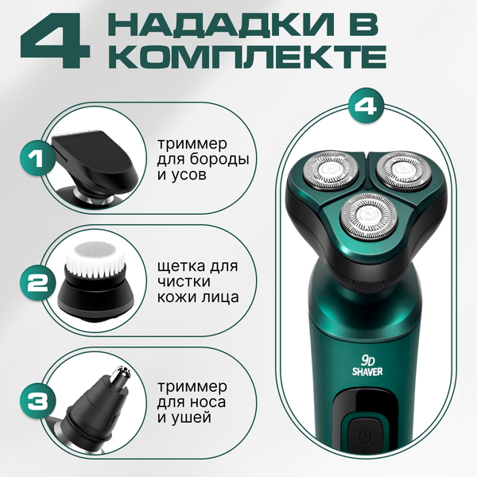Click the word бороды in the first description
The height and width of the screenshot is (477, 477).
click(x=218, y=159)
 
